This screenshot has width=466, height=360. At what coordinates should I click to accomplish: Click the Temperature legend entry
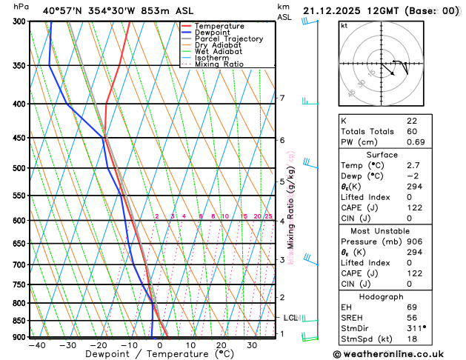pos(220,26)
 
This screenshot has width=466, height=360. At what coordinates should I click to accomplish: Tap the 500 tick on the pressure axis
pos(20,168)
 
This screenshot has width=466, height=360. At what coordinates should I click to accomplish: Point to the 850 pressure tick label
pos(20,321)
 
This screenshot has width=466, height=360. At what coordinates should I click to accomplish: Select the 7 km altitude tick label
pos(282,98)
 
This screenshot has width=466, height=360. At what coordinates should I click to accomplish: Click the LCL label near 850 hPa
pos(290,318)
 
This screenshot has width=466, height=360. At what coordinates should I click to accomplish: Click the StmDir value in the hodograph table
pos(415,327)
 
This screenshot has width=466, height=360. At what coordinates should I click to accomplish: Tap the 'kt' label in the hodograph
pos(344,25)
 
